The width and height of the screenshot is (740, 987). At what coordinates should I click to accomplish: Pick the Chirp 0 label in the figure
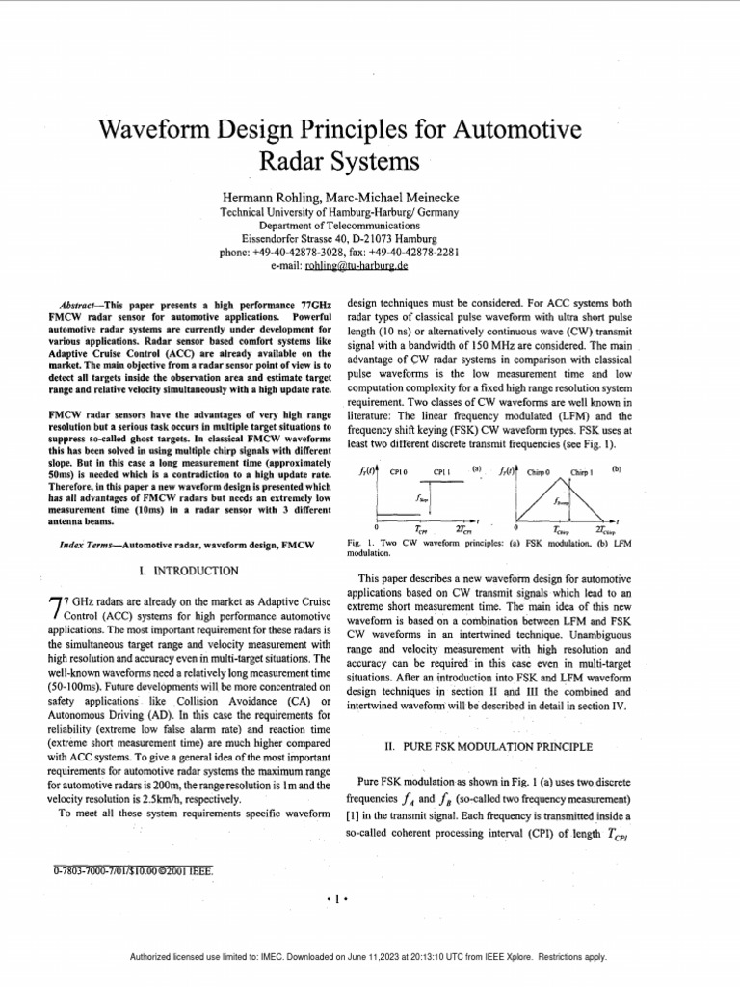click(537, 472)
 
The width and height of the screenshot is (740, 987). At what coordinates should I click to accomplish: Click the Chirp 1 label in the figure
click(582, 472)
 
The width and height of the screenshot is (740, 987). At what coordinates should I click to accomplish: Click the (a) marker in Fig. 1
click(475, 468)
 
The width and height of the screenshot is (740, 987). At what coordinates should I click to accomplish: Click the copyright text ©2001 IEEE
click(186, 872)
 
